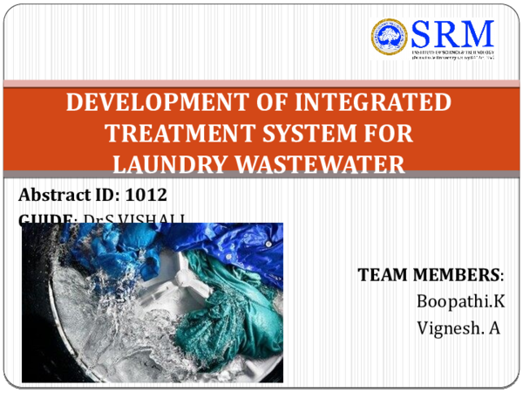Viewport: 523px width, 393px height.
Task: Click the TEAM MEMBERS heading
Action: pyautogui.click(x=430, y=276)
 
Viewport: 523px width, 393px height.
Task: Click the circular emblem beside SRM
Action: pyautogui.click(x=390, y=39)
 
